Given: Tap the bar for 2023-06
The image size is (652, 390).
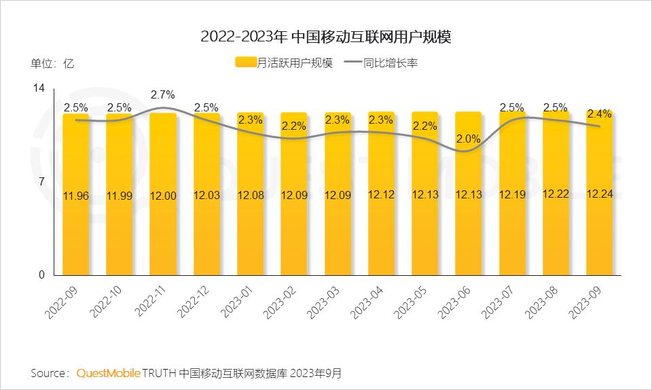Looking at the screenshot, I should (468, 224).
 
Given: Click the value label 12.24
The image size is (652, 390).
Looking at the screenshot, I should (599, 194).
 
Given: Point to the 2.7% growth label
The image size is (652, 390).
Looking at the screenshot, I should (163, 94).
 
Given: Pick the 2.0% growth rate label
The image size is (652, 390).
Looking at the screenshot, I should (468, 139).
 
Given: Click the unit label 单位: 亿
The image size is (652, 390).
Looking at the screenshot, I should (52, 64).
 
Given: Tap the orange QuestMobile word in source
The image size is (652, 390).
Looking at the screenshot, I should (109, 374).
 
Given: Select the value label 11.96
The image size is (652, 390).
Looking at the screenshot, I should (75, 196).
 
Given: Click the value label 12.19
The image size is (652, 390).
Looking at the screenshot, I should (512, 195).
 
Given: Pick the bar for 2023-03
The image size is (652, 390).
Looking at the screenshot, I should (338, 224).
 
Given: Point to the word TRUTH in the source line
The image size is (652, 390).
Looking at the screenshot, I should (160, 374).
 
